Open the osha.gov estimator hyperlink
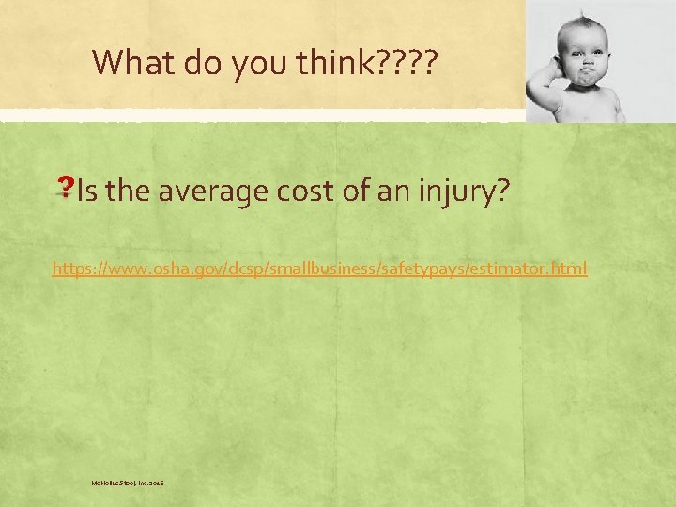point(319,269)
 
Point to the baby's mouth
point(585,75)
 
